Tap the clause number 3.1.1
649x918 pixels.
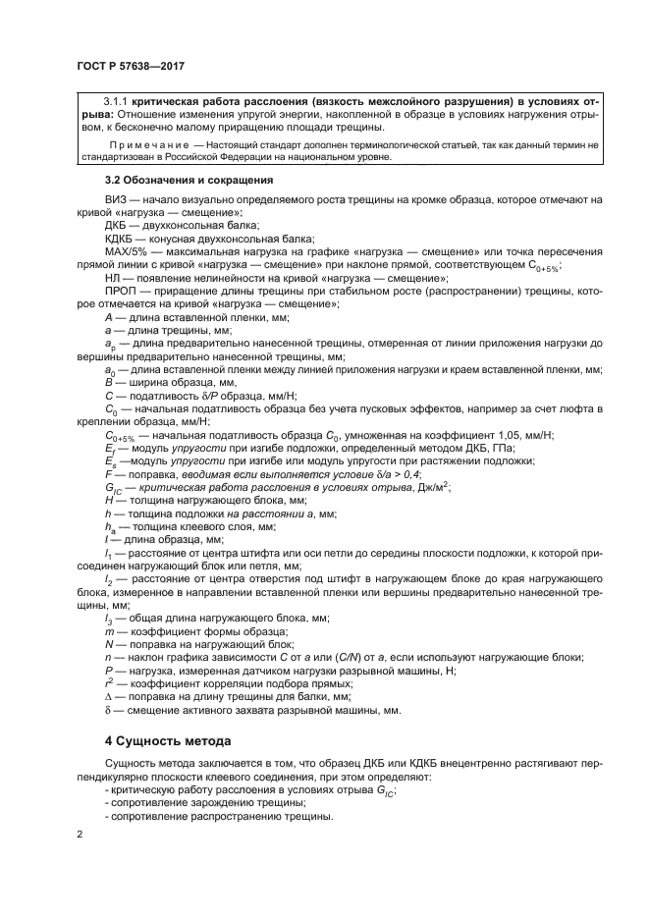[116, 102]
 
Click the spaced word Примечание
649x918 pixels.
[140, 144]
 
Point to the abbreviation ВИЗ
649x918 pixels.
[115, 200]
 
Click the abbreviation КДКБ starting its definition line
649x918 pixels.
[120, 239]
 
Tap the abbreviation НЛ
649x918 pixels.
[111, 279]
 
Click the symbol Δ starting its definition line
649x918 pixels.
[107, 696]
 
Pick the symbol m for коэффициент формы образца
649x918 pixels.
[108, 631]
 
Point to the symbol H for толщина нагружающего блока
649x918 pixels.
[108, 499]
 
